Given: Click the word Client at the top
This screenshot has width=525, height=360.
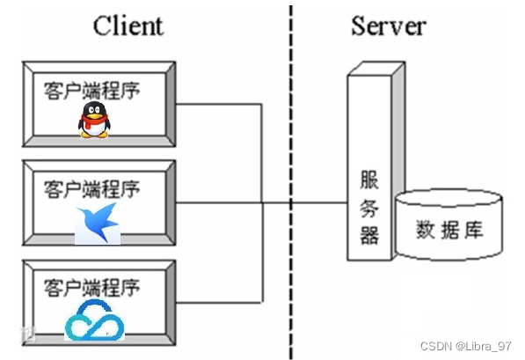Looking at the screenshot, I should pos(128,26).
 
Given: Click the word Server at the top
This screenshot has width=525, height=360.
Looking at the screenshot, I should pos(388,25).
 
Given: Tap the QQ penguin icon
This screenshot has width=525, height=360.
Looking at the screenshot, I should pos(94,119).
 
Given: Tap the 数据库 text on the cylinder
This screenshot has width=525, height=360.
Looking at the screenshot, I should pos(449,231).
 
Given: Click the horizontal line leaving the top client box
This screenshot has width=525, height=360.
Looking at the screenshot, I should pos(220,104).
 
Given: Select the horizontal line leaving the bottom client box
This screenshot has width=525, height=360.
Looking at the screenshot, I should pos(220,302).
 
